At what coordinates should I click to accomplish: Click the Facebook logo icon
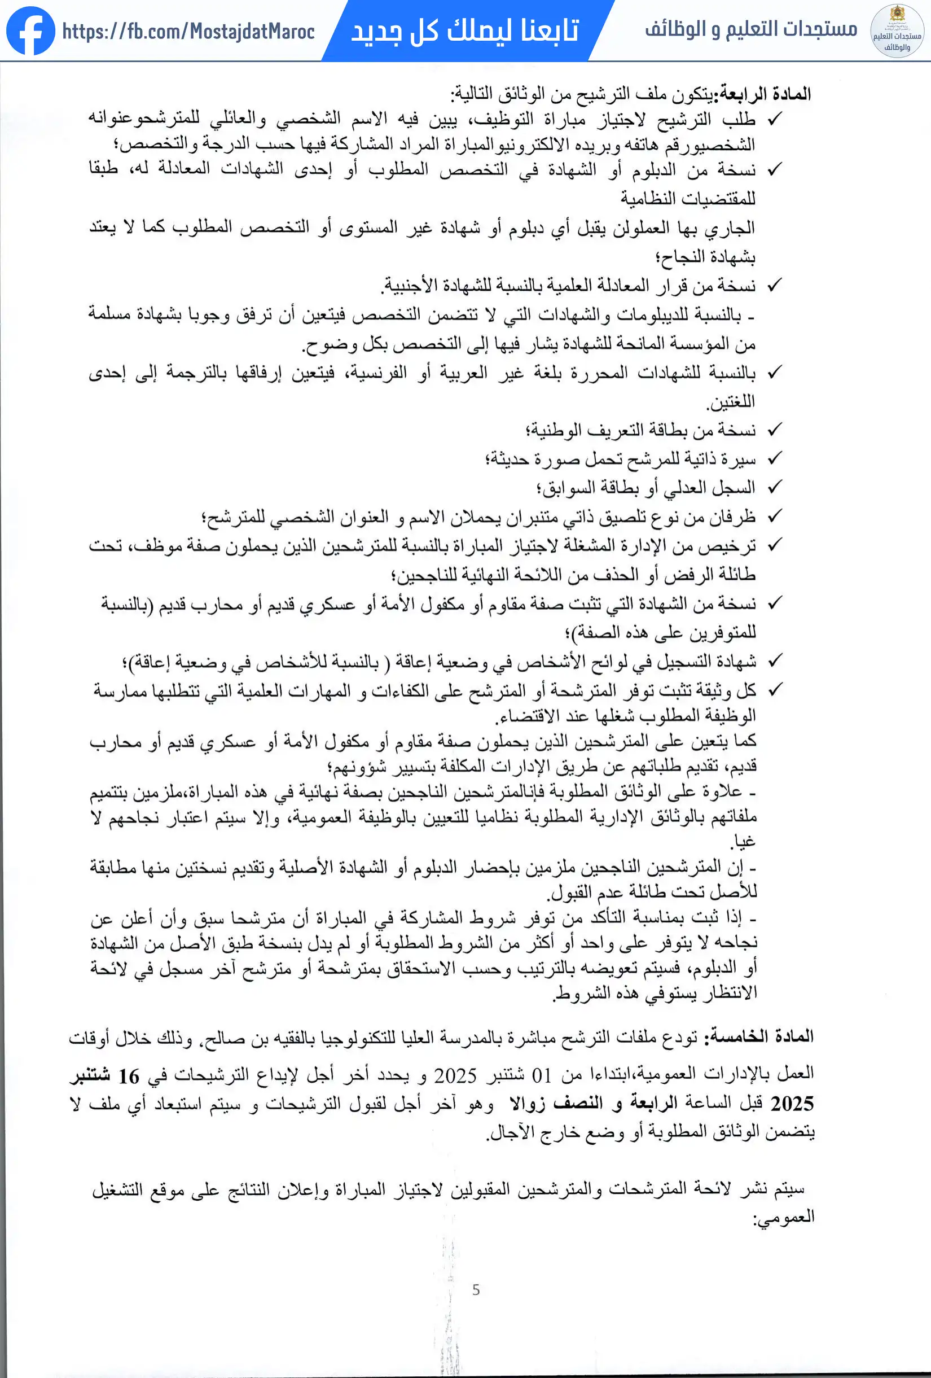click(x=30, y=31)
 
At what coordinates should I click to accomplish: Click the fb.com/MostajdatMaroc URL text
click(x=188, y=32)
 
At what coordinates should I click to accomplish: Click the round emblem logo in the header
click(x=897, y=31)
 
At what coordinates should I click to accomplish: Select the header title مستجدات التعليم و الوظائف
click(x=751, y=28)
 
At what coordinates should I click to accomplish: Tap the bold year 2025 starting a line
click(x=792, y=1104)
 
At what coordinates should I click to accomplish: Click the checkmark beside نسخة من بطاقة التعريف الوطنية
click(x=775, y=429)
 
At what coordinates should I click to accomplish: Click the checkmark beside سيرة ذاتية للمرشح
click(x=775, y=458)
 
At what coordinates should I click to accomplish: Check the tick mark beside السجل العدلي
click(x=775, y=487)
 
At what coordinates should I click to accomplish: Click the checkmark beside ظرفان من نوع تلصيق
click(x=775, y=516)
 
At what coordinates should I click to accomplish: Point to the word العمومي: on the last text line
click(x=783, y=1217)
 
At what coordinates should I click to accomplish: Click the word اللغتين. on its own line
click(x=730, y=402)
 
